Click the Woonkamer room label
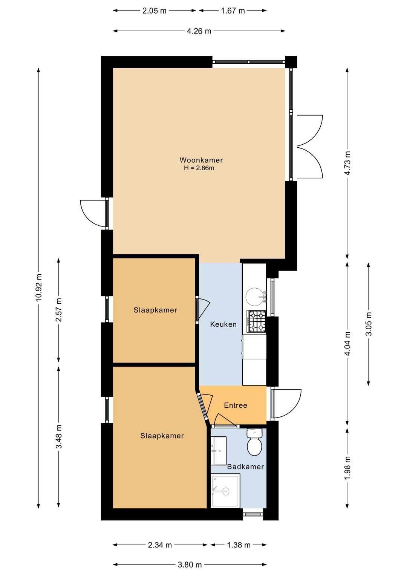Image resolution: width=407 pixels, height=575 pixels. (201, 160)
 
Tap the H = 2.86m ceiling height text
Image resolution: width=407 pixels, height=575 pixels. (199, 168)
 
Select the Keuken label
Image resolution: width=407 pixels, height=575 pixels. (223, 324)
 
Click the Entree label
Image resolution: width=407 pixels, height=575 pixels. (236, 405)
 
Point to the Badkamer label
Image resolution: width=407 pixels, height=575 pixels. (245, 467)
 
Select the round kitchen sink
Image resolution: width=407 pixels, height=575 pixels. (254, 297)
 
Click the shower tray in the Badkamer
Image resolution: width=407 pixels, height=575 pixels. (225, 491)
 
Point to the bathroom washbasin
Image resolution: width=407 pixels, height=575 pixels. (219, 451)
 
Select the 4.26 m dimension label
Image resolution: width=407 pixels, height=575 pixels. (199, 31)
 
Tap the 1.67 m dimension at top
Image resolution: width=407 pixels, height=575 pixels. (233, 11)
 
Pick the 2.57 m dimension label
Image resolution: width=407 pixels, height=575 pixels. (59, 310)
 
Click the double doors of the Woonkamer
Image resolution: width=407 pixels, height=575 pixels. (309, 147)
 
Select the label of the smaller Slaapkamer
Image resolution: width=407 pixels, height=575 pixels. (155, 310)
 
